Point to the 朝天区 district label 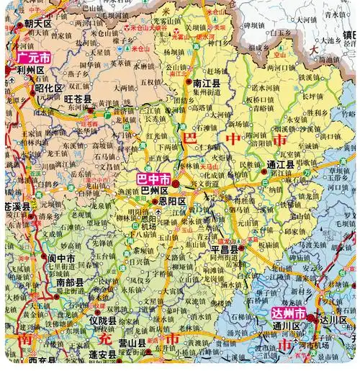point(38,24)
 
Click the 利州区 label point(31,70)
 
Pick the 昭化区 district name point(49,87)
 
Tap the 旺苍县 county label point(78,99)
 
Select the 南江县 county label point(207,84)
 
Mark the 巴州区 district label point(154,190)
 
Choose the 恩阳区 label point(173,202)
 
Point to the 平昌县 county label point(225,249)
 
